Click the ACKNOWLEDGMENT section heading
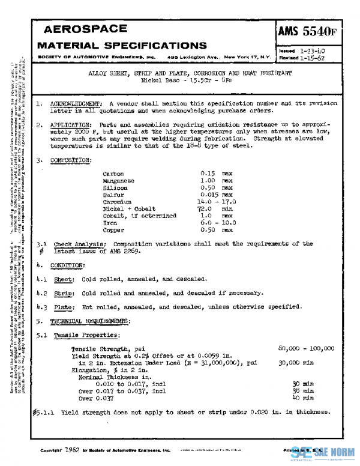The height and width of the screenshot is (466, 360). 75,104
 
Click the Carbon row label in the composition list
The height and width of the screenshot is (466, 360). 113,174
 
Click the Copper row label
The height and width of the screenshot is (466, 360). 113,229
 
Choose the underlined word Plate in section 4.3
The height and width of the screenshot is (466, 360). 64,306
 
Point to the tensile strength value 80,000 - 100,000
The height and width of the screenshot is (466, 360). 306,349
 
